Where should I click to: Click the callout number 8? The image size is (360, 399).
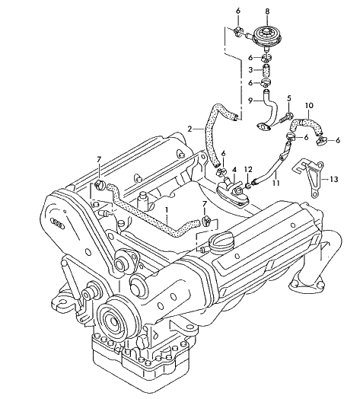click(x=267, y=11)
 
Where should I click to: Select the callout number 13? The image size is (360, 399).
click(x=334, y=180)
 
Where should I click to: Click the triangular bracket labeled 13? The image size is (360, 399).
click(x=309, y=176)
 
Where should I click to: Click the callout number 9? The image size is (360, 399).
click(x=250, y=101)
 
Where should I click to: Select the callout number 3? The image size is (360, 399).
click(x=250, y=70)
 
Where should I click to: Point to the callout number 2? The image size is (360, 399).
click(x=190, y=129)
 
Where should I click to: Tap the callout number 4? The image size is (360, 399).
click(x=234, y=169)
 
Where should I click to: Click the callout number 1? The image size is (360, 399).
click(x=167, y=210)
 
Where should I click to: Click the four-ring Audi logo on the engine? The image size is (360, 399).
click(x=58, y=223)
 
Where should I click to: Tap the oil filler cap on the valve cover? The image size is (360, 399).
click(x=221, y=242)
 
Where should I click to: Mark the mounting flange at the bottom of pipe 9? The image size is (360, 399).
click(x=263, y=127)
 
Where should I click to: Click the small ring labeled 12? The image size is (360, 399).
click(x=249, y=185)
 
